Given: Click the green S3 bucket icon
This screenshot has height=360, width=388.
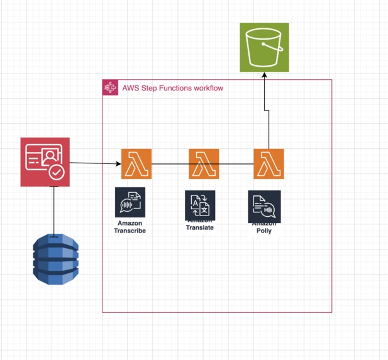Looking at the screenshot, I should point(264,47).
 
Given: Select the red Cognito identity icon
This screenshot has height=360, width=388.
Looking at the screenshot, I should point(45,161).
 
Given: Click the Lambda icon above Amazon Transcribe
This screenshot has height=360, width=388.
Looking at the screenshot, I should point(136,164).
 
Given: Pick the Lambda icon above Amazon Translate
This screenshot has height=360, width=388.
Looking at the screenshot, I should point(204,164).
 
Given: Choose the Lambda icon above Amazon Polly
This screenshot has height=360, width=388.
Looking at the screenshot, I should point(269,164).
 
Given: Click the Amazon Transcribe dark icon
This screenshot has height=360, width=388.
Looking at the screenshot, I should point(130,202).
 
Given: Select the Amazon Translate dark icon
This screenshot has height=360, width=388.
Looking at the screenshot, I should point(200,205).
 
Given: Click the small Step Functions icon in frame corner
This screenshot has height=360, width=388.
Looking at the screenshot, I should point(110,88).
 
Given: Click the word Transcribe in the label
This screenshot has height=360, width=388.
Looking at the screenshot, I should point(130,231).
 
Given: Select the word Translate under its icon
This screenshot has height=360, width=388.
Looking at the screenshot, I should point(200,227).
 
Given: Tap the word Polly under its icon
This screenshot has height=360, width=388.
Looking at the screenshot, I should point(264,231).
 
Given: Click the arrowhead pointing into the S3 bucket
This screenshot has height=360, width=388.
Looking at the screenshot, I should point(264,75).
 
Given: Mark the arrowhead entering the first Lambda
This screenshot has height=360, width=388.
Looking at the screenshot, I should point(118,165).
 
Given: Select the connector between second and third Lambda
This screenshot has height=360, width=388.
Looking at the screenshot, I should point(236,165).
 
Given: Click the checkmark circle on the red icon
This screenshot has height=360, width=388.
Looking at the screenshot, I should point(57,172).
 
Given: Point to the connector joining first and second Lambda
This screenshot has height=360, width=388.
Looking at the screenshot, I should point(170,165).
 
